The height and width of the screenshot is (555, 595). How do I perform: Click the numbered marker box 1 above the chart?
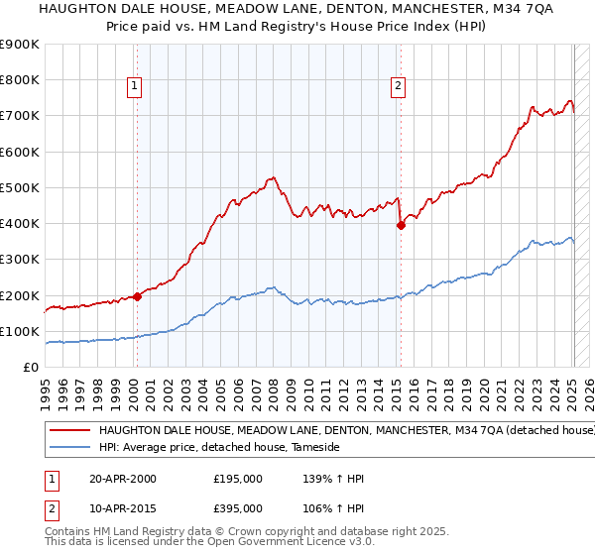coord(134,87)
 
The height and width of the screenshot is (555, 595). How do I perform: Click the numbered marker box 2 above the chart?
coord(398,87)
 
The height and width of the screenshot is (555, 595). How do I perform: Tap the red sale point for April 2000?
coord(137,297)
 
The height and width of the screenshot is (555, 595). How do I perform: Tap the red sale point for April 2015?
coord(401,225)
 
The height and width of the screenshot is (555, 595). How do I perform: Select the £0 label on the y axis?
coord(32,368)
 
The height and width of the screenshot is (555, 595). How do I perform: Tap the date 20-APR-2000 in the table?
coord(123,479)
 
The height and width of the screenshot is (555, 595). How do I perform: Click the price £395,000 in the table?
coord(238,507)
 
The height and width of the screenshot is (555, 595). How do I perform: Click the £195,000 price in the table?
coord(238,479)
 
